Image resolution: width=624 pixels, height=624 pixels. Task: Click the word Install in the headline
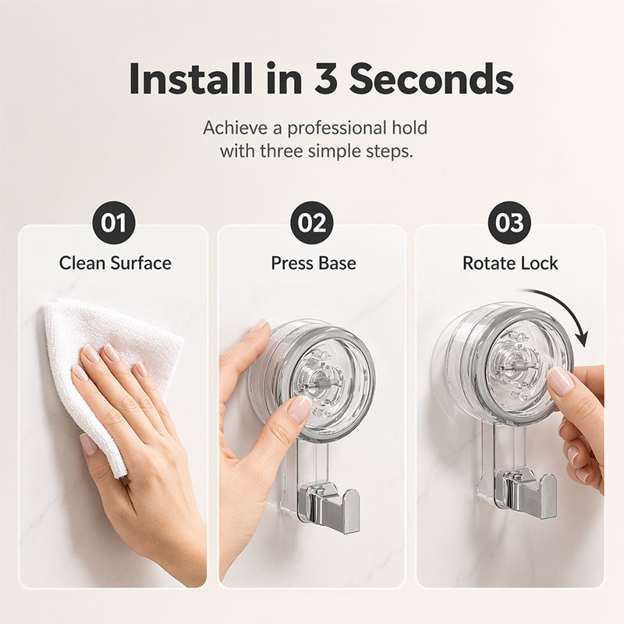click(x=191, y=79)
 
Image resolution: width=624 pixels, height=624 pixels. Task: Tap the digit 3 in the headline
click(x=326, y=79)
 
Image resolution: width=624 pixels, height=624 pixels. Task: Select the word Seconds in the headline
click(x=431, y=79)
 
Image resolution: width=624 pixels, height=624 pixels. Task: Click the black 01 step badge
click(x=114, y=222)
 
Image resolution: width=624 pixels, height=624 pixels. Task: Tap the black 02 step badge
click(x=312, y=222)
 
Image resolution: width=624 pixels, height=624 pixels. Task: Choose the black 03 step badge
click(x=509, y=222)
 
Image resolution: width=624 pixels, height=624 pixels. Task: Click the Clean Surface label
click(x=115, y=263)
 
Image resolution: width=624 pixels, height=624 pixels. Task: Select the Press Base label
click(x=314, y=263)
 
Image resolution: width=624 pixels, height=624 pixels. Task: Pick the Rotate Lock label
click(x=510, y=263)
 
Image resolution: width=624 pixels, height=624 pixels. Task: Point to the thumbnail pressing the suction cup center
click(x=300, y=409)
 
